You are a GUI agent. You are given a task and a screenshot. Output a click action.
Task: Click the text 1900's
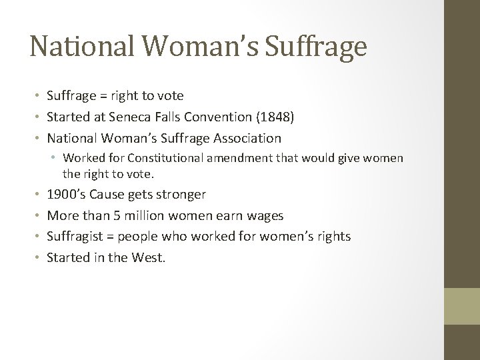coord(63,195)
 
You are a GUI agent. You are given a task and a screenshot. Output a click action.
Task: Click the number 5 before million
coord(110,215)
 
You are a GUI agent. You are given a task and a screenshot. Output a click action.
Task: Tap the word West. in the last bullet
coord(148,257)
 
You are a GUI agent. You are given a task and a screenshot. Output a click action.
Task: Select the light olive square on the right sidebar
coord(462,305)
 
